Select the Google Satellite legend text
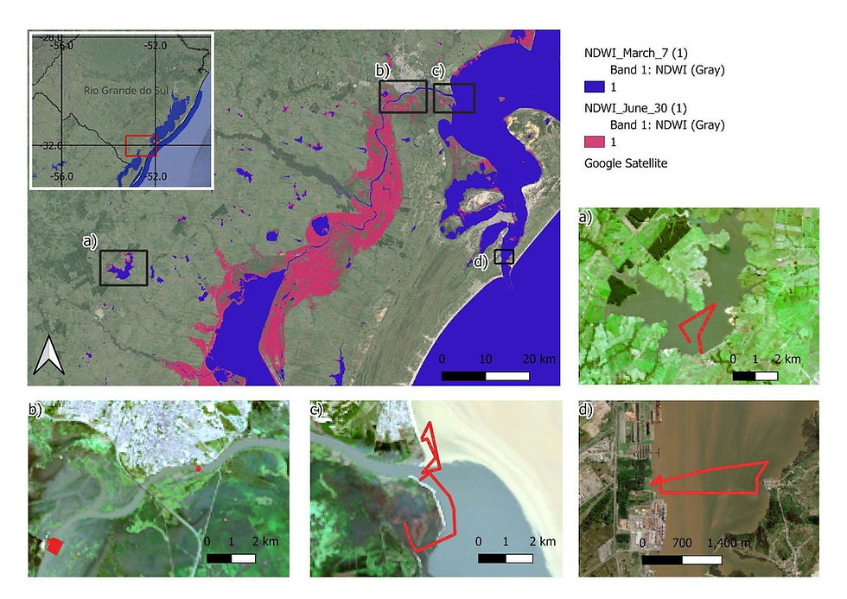coord(627,162)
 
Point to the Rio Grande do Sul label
coord(122,90)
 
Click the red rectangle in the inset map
coord(140,145)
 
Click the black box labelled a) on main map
coord(124,268)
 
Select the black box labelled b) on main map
coord(403,96)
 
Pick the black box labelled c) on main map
coord(455,98)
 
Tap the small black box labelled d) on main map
coord(504,257)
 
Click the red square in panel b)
coord(54,545)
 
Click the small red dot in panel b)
coord(199,468)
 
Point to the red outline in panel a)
coord(697,326)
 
